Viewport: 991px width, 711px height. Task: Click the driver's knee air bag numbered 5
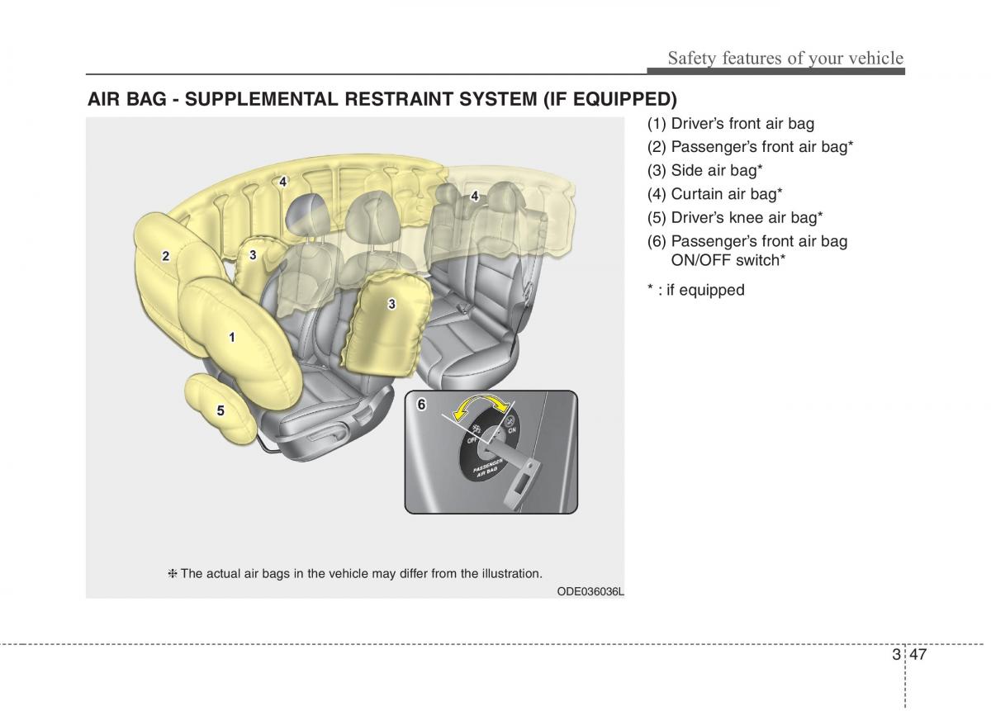220,410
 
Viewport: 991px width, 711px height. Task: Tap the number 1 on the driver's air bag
232,337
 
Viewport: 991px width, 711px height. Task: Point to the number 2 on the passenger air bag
166,256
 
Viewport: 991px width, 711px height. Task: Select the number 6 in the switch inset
421,405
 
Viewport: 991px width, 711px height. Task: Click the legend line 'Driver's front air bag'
731,124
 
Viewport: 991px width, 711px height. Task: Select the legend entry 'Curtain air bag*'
715,194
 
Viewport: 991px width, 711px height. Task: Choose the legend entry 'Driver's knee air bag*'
735,218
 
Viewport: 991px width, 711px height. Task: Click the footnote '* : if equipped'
695,290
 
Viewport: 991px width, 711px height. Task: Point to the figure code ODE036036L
590,592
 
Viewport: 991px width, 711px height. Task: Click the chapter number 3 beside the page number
896,655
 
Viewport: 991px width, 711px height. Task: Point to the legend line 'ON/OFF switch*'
728,260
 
